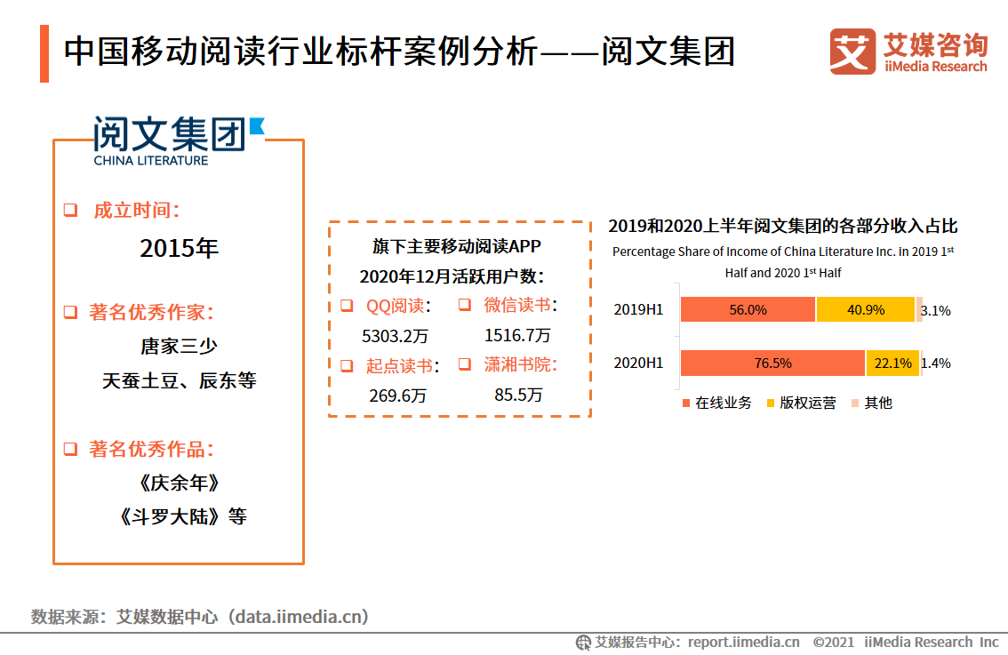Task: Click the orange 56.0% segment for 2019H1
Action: point(748,309)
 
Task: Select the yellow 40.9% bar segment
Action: point(865,309)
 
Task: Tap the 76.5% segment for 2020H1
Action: point(772,363)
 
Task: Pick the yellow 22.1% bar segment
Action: point(892,363)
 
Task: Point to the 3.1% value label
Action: point(936,310)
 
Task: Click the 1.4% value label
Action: point(936,363)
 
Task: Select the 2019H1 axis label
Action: point(638,310)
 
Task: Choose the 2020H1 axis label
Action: point(638,363)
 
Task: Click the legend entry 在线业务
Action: point(716,403)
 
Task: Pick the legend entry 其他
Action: point(871,403)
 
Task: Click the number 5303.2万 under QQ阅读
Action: point(396,336)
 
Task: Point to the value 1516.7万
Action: point(517,335)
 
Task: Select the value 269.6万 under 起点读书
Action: point(397,395)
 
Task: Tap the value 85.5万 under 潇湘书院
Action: point(518,395)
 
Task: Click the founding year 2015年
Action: point(179,249)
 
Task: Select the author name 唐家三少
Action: point(179,346)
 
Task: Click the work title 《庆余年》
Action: point(179,483)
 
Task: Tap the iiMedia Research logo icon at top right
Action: point(852,52)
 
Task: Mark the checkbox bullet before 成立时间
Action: point(70,212)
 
